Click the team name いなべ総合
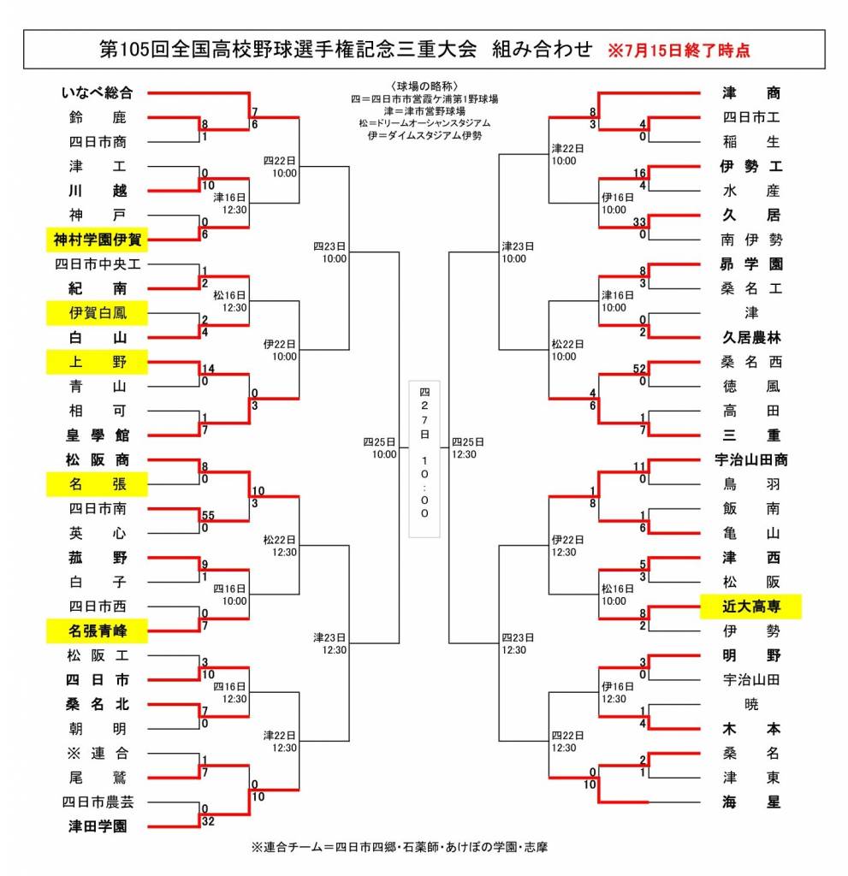[98, 92]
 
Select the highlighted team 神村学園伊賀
[98, 240]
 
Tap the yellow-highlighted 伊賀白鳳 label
[98, 313]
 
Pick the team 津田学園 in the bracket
[98, 826]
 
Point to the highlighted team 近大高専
[750, 607]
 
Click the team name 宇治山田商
[750, 459]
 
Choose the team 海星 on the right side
[750, 802]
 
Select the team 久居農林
[750, 337]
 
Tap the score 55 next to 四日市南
[208, 515]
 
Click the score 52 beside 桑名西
[639, 369]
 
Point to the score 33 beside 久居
[639, 222]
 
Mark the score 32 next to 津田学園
[208, 821]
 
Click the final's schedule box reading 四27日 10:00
[424, 459]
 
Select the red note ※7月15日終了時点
[679, 50]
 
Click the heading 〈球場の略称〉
[424, 86]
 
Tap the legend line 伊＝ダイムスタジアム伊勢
[424, 135]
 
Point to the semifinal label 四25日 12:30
[468, 448]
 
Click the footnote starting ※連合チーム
[399, 847]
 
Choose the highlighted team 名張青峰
[98, 630]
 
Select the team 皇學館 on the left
[98, 435]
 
